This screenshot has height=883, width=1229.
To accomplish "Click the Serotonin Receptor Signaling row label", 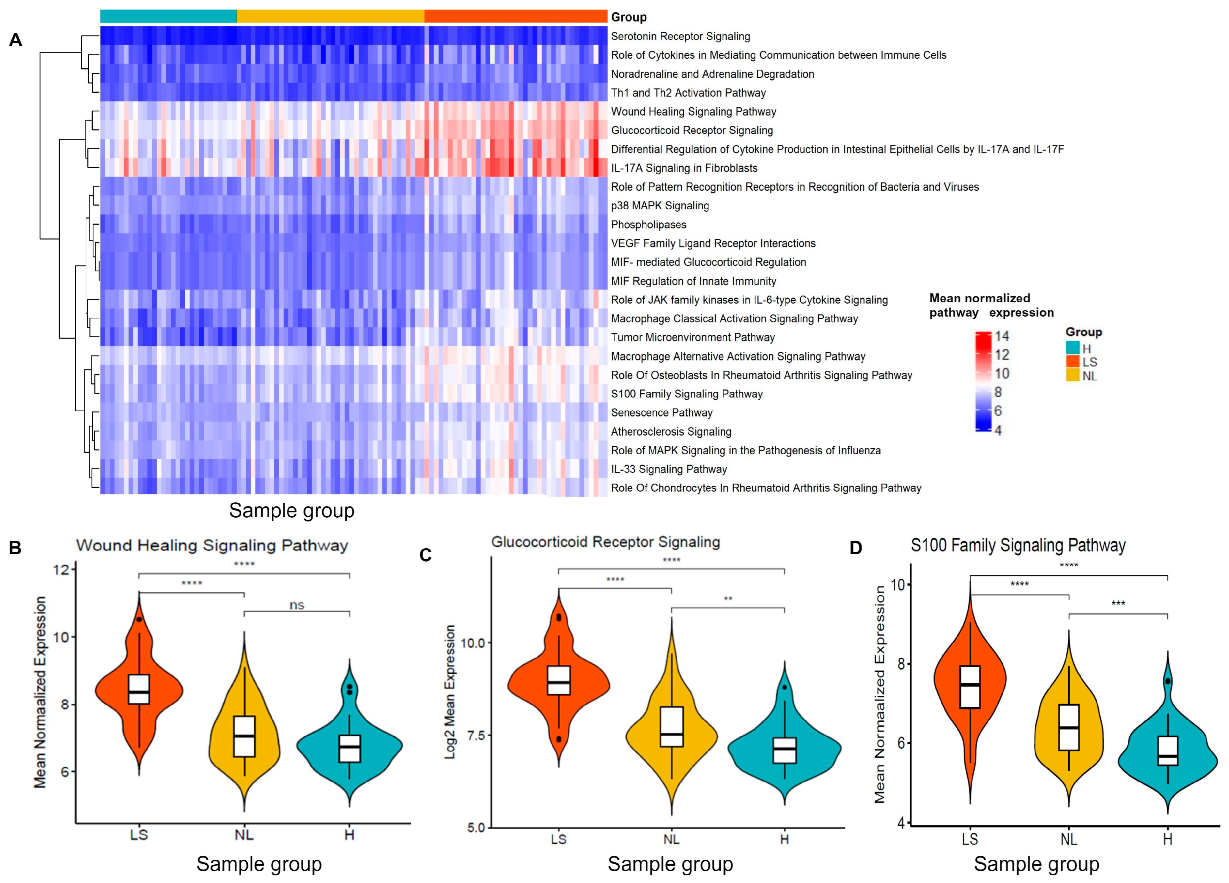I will pyautogui.click(x=680, y=36).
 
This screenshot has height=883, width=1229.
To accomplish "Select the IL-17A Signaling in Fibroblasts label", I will pyautogui.click(x=684, y=168).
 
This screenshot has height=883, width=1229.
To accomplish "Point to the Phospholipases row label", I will pyautogui.click(x=648, y=224).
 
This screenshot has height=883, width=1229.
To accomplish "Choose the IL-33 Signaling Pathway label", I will pyautogui.click(x=669, y=469).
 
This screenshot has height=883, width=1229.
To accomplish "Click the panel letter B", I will pyautogui.click(x=15, y=548).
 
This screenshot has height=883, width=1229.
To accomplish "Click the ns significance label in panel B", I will pyautogui.click(x=297, y=605).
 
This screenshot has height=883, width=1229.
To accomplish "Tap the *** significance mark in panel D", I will pyautogui.click(x=1118, y=603).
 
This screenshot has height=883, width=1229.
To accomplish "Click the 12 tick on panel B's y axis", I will pyautogui.click(x=62, y=569).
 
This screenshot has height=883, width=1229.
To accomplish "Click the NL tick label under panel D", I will pyautogui.click(x=1068, y=839).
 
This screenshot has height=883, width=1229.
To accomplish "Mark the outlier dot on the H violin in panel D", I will pyautogui.click(x=1168, y=681).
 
